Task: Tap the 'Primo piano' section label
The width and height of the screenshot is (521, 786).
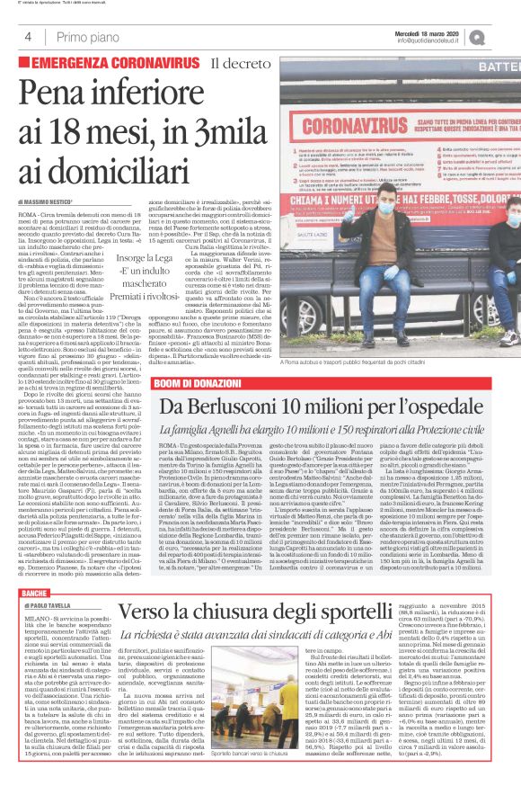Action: click(80, 36)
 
